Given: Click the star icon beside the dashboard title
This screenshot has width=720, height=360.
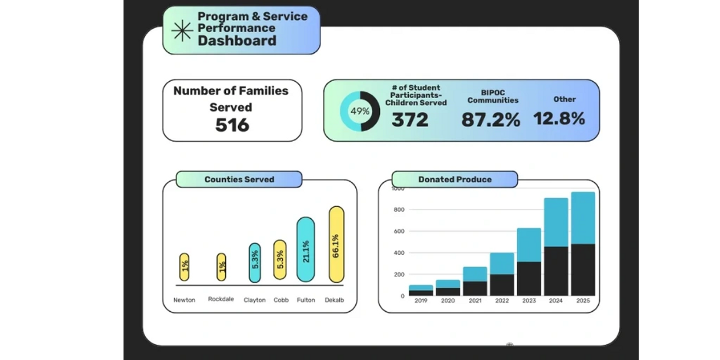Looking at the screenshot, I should click(x=182, y=30).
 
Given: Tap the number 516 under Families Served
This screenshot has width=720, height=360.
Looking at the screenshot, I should click(x=232, y=125).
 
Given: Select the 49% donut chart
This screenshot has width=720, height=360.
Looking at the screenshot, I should click(x=360, y=111).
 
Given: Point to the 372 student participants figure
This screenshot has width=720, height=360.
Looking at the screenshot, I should click(x=410, y=120).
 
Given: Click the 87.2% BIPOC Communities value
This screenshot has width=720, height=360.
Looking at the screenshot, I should click(x=491, y=120).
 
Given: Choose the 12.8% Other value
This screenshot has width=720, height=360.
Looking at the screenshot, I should click(x=559, y=119).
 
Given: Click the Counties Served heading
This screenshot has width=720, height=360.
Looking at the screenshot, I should click(x=239, y=179).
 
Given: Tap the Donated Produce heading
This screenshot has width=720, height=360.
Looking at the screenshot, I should click(x=455, y=179).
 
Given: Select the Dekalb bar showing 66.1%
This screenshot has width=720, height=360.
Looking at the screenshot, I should click(x=336, y=244).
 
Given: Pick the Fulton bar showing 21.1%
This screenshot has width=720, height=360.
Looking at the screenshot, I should click(x=305, y=249).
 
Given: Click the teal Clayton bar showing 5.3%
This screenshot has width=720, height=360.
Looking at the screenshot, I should click(x=255, y=262).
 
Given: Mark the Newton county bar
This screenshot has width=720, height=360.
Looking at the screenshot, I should click(x=185, y=267).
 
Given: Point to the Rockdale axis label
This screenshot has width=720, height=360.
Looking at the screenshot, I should click(x=221, y=299).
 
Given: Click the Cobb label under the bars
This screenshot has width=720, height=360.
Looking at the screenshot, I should click(x=281, y=300).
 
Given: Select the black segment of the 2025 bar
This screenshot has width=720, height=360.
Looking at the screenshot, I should click(x=583, y=269).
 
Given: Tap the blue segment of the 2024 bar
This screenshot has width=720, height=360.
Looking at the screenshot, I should click(x=556, y=222).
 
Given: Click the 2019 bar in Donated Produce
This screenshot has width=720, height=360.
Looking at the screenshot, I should click(x=420, y=290).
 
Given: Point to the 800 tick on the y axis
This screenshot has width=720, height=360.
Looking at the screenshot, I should click(x=398, y=210).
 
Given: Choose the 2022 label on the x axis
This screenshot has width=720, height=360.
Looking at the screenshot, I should click(x=502, y=301).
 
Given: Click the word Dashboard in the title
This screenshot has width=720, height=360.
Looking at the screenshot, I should click(x=237, y=41).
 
